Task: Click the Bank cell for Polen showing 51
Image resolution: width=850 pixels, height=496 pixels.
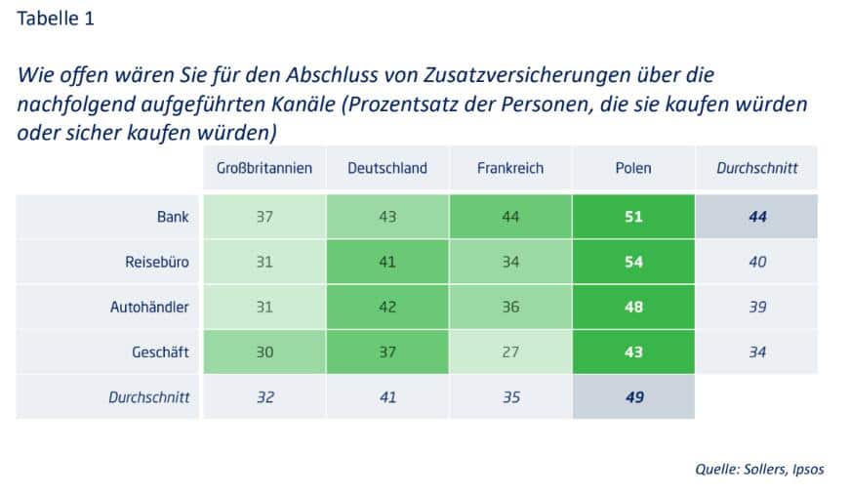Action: coord(633,217)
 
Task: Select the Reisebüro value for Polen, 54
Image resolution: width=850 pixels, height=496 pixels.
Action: coord(633,262)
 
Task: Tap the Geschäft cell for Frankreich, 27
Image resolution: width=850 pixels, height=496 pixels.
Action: coord(509,351)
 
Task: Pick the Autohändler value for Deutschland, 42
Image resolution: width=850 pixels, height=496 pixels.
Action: coord(387,307)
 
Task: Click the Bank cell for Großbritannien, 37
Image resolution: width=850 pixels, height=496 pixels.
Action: coord(263,217)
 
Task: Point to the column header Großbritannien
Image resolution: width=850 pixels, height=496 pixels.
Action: coord(263,168)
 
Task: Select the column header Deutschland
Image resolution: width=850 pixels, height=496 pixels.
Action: coord(387,168)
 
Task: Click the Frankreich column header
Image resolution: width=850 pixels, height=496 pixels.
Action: coord(509,168)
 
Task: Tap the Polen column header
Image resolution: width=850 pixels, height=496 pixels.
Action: coord(633,168)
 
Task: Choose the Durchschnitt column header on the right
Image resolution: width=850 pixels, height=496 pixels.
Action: coord(756,168)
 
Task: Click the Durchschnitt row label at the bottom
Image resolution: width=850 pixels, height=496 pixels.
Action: coord(147,397)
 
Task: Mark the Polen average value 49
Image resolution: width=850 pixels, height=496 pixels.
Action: coord(633,397)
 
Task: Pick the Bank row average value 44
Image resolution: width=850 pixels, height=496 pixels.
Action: coord(756,217)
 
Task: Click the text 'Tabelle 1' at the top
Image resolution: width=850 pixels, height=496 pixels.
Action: coord(57,19)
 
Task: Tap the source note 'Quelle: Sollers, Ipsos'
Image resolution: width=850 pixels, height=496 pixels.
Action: coord(759,469)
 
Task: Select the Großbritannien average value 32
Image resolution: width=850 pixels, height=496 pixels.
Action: coord(263,397)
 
